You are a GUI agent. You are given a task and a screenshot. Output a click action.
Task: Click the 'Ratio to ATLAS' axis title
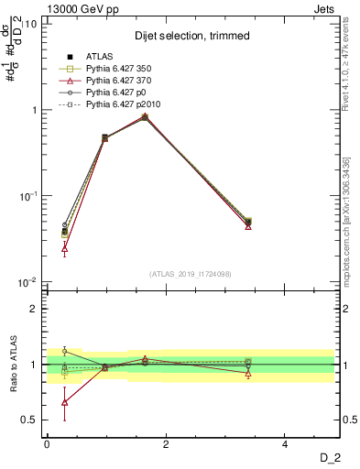[x=12, y=365]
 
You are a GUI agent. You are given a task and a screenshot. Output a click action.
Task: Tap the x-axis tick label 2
[x=166, y=444]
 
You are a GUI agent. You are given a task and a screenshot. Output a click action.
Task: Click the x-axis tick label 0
[x=47, y=444]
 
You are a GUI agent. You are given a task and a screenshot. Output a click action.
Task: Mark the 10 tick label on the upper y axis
[x=28, y=24]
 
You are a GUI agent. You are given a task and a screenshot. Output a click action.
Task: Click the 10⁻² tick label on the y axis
[x=25, y=282]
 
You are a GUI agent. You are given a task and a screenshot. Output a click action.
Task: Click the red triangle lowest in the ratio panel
[x=64, y=401]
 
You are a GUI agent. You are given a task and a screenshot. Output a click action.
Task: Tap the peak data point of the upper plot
[x=145, y=116]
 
